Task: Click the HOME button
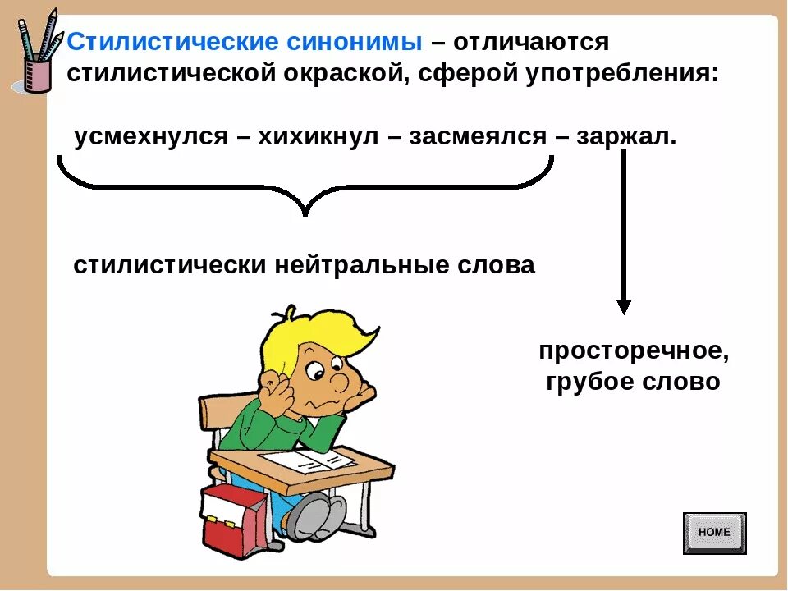click(715, 534)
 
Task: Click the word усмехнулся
click(151, 137)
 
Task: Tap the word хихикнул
click(318, 137)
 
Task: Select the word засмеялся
click(478, 137)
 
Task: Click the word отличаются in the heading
click(531, 42)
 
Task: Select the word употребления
click(622, 74)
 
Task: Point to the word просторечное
click(634, 351)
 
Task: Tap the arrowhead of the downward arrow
click(624, 307)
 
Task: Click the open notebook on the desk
click(306, 460)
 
